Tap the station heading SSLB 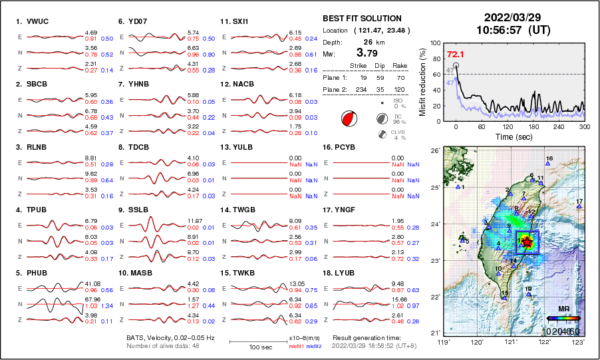click(135, 210)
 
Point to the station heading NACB click(242, 85)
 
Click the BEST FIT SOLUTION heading click(362, 19)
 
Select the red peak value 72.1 click(456, 54)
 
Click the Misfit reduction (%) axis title click(423, 82)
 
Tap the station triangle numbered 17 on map click(579, 206)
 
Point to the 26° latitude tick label click(433, 151)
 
